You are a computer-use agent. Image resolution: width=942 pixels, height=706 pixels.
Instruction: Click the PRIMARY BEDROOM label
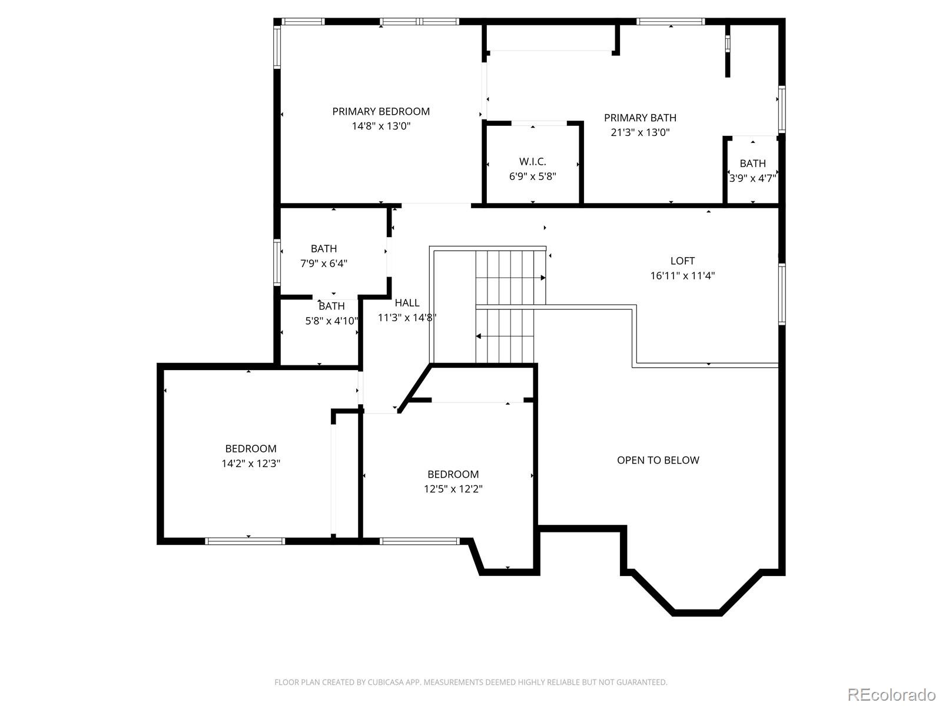click(381, 111)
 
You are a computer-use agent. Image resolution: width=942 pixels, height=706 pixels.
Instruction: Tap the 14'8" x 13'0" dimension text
click(381, 126)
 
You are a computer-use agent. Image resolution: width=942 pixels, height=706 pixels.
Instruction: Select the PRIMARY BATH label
click(640, 118)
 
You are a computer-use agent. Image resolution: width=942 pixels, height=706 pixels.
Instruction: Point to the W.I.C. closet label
click(533, 162)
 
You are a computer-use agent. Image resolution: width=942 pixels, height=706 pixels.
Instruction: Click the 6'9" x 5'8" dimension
click(533, 176)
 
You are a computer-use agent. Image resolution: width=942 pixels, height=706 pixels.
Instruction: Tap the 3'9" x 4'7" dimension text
click(753, 178)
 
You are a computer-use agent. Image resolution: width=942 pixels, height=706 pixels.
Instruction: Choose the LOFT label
click(682, 261)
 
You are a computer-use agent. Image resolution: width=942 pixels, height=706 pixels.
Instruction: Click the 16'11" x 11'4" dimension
click(682, 275)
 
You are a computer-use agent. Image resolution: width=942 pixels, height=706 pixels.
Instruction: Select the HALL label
click(407, 303)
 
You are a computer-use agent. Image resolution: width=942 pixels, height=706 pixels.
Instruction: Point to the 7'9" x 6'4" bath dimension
click(324, 263)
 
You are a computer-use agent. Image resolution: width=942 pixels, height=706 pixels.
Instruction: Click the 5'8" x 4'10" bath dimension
click(331, 321)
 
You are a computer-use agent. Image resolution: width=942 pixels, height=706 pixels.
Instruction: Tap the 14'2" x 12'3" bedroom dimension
click(251, 464)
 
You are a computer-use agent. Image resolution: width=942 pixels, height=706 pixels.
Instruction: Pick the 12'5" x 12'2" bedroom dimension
click(453, 489)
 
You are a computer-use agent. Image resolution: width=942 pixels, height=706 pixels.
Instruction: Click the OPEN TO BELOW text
click(658, 461)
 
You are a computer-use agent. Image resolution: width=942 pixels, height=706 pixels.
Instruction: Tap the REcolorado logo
click(891, 694)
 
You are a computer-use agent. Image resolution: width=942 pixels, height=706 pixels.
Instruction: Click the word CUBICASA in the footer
click(384, 682)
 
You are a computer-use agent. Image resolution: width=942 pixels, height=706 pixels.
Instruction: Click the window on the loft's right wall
click(782, 294)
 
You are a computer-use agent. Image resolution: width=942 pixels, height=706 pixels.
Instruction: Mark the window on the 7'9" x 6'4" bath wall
click(277, 262)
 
